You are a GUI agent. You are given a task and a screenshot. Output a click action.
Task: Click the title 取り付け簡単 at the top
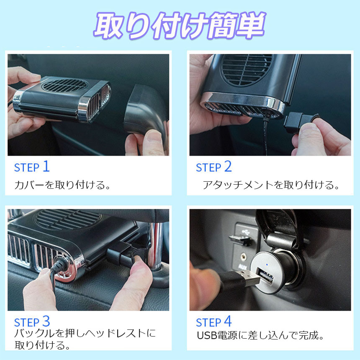coord(180,25)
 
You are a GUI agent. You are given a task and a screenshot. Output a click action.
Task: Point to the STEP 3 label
coord(32,321)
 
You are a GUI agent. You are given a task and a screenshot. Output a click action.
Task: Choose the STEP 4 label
coord(214,321)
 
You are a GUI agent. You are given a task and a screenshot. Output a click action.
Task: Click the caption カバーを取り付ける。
coord(62,185)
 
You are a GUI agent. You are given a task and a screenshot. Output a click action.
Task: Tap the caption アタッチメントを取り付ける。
coord(271,185)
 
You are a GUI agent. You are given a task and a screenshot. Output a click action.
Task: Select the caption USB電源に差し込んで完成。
coord(260,335)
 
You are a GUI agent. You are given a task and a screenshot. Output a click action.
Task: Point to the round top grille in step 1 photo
coord(64,85)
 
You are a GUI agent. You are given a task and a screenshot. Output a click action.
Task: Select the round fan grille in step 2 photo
coord(246,69)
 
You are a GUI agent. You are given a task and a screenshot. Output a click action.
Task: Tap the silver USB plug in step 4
coord(249,278)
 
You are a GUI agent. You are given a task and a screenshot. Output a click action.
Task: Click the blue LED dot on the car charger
coord(267,264)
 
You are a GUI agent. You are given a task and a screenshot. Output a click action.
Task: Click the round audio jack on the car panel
coord(243,255)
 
